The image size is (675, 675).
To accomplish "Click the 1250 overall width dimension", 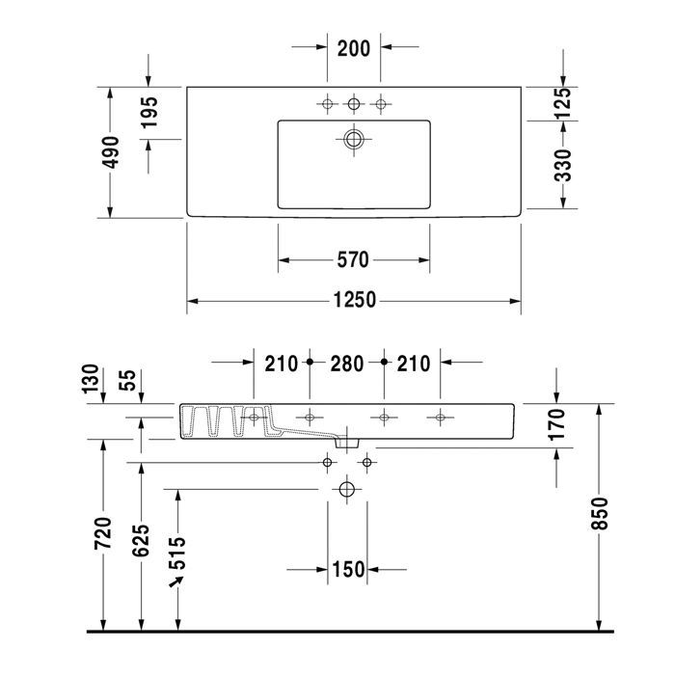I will click(354, 301).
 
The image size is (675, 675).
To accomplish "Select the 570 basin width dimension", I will click(354, 259).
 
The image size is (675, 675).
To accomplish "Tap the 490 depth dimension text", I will click(112, 152).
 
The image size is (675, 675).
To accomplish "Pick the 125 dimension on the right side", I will click(562, 103).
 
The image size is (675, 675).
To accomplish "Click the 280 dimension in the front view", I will click(346, 364).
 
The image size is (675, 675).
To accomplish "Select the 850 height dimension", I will click(599, 517).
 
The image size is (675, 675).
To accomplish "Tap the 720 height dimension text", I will click(104, 532).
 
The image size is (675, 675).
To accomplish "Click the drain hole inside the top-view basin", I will click(354, 140).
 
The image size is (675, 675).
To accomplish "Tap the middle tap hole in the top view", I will click(354, 103).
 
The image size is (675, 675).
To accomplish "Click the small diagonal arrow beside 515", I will click(176, 583).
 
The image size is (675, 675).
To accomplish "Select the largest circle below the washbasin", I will click(346, 491).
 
